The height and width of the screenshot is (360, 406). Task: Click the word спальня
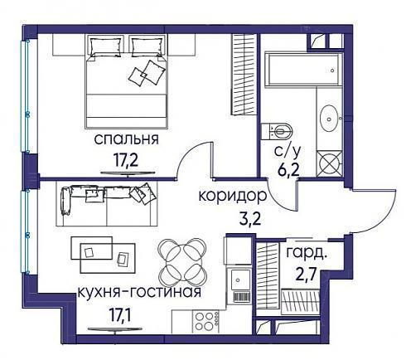click(x=126, y=139)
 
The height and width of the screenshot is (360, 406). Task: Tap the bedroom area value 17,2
click(x=126, y=160)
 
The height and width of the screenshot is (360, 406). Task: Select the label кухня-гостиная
click(x=139, y=292)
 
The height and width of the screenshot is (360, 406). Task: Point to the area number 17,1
click(x=120, y=315)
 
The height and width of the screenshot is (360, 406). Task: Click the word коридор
click(x=233, y=197)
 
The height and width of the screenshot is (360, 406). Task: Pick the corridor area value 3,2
click(x=250, y=220)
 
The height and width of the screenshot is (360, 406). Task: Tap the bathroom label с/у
click(x=287, y=152)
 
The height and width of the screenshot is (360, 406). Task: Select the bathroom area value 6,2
click(x=288, y=171)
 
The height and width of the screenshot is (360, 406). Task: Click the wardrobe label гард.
click(x=306, y=253)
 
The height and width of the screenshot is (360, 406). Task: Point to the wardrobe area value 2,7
click(x=306, y=275)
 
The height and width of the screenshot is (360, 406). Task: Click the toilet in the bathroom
click(x=277, y=131)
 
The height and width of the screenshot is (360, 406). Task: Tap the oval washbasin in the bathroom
click(x=330, y=119)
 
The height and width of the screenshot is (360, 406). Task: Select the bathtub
click(x=302, y=71)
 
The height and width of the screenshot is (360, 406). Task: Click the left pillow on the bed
click(x=106, y=47)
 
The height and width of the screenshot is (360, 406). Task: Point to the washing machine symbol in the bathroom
click(x=330, y=163)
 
